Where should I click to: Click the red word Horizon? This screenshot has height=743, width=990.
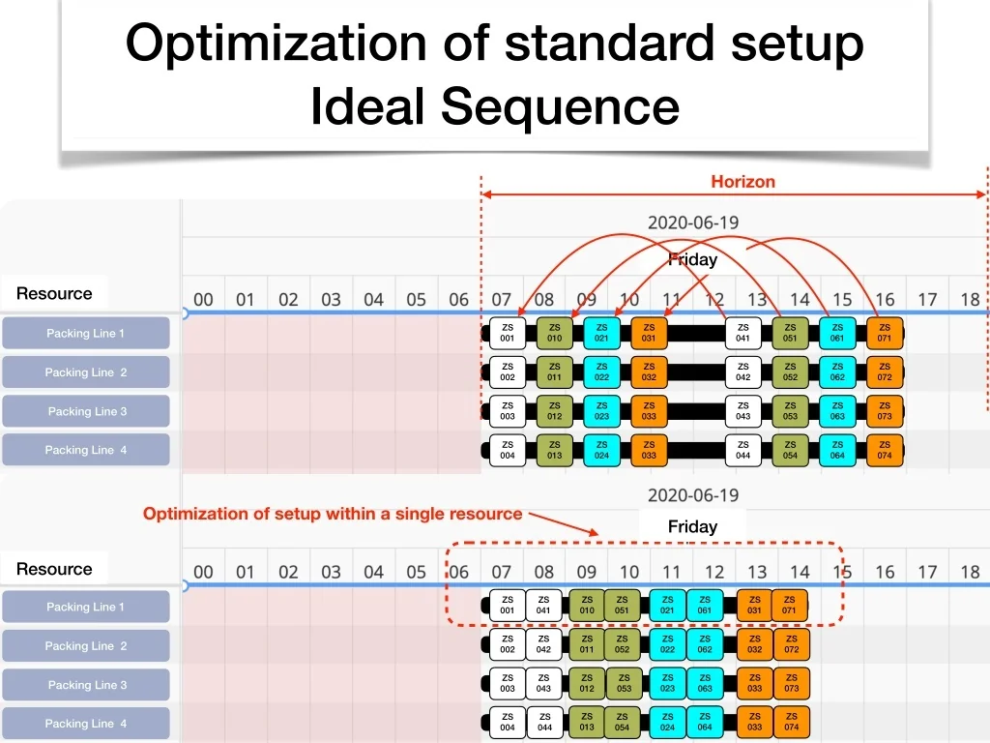pyautogui.click(x=742, y=182)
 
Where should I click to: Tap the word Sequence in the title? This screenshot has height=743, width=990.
pyautogui.click(x=561, y=105)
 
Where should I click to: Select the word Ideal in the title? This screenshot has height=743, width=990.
pyautogui.click(x=368, y=105)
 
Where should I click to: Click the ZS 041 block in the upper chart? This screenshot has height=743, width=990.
pyautogui.click(x=742, y=333)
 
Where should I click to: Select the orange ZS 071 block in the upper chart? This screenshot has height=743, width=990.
pyautogui.click(x=885, y=333)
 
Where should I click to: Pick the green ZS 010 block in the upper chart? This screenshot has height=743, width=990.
pyautogui.click(x=554, y=333)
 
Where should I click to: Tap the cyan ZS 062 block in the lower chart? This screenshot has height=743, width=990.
pyautogui.click(x=705, y=644)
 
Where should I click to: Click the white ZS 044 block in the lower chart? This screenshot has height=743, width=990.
pyautogui.click(x=543, y=723)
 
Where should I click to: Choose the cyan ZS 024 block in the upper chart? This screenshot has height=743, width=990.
pyautogui.click(x=601, y=450)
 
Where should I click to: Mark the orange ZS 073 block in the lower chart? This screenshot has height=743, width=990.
pyautogui.click(x=791, y=683)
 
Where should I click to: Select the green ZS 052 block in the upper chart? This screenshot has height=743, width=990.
pyautogui.click(x=790, y=371)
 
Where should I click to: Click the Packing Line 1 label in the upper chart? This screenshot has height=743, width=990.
pyautogui.click(x=86, y=334)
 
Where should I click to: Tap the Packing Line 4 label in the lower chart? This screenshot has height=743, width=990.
pyautogui.click(x=86, y=724)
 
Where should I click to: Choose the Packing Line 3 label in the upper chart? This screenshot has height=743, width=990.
pyautogui.click(x=87, y=411)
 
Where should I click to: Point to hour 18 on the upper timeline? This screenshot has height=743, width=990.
pyautogui.click(x=970, y=299)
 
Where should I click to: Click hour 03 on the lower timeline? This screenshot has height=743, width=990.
pyautogui.click(x=331, y=572)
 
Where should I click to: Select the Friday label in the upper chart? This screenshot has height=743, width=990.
pyautogui.click(x=693, y=259)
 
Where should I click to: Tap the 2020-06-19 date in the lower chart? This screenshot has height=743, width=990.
pyautogui.click(x=692, y=495)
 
